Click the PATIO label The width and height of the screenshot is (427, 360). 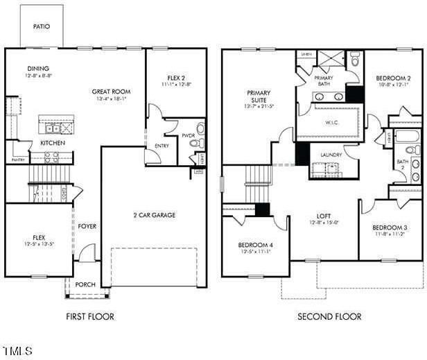pyautogui.click(x=42, y=26)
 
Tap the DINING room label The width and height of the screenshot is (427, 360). pyautogui.click(x=38, y=68)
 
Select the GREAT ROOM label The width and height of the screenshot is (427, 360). pyautogui.click(x=112, y=92)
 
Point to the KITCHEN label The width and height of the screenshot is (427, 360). pyautogui.click(x=53, y=143)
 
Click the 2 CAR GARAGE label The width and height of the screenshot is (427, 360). pyautogui.click(x=154, y=215)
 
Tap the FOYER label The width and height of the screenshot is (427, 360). pyautogui.click(x=87, y=226)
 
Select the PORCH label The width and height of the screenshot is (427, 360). pyautogui.click(x=85, y=284)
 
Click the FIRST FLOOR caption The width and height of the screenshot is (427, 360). pyautogui.click(x=89, y=317)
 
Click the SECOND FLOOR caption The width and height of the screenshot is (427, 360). pyautogui.click(x=329, y=317)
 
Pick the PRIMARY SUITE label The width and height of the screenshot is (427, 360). pyautogui.click(x=258, y=96)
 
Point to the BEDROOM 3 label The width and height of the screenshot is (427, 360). pyautogui.click(x=389, y=228)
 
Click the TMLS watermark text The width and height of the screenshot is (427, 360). pyautogui.click(x=17, y=351)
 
